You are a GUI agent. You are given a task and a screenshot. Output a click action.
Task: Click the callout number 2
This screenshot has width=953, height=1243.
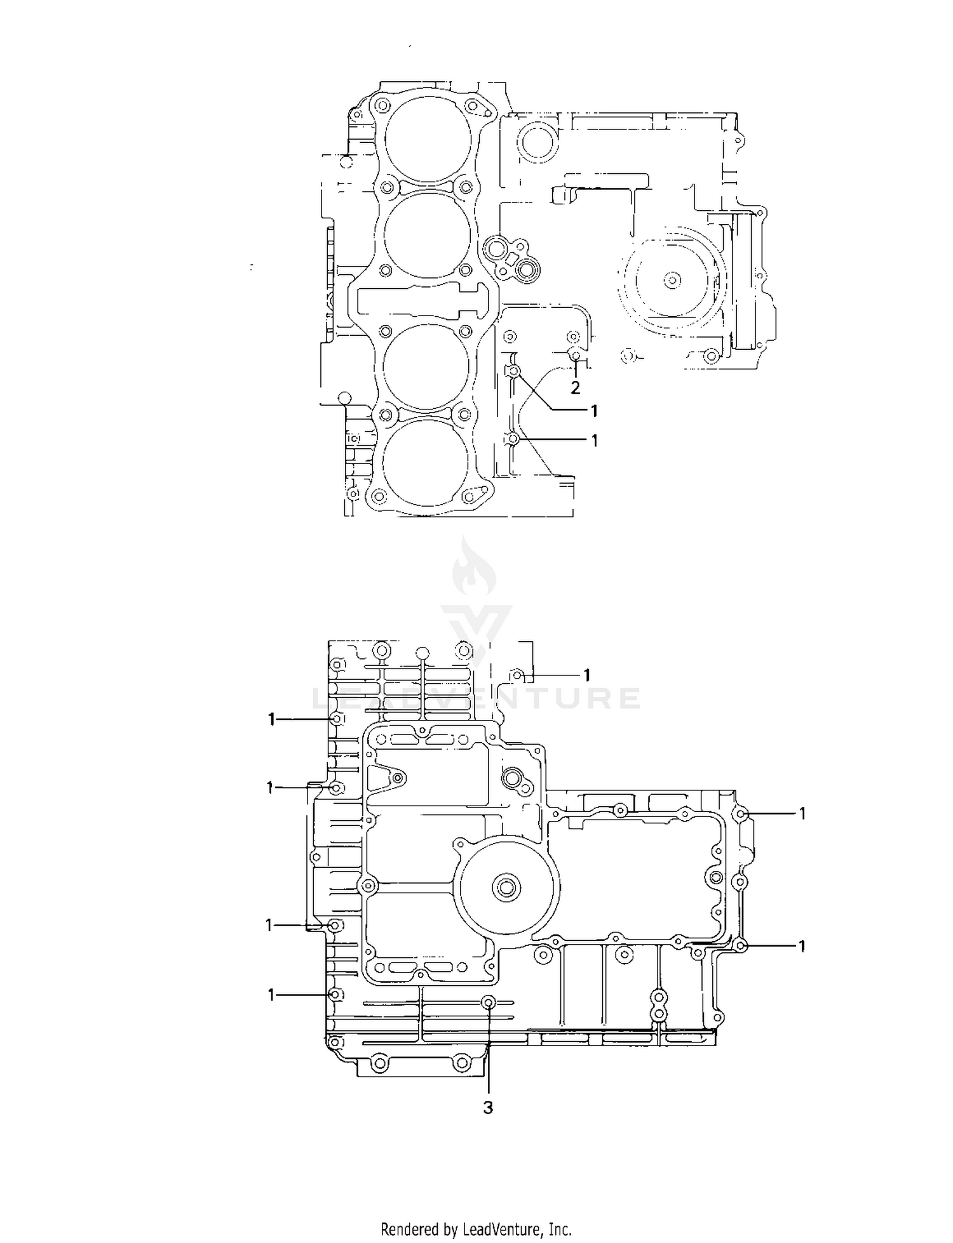click(575, 388)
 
